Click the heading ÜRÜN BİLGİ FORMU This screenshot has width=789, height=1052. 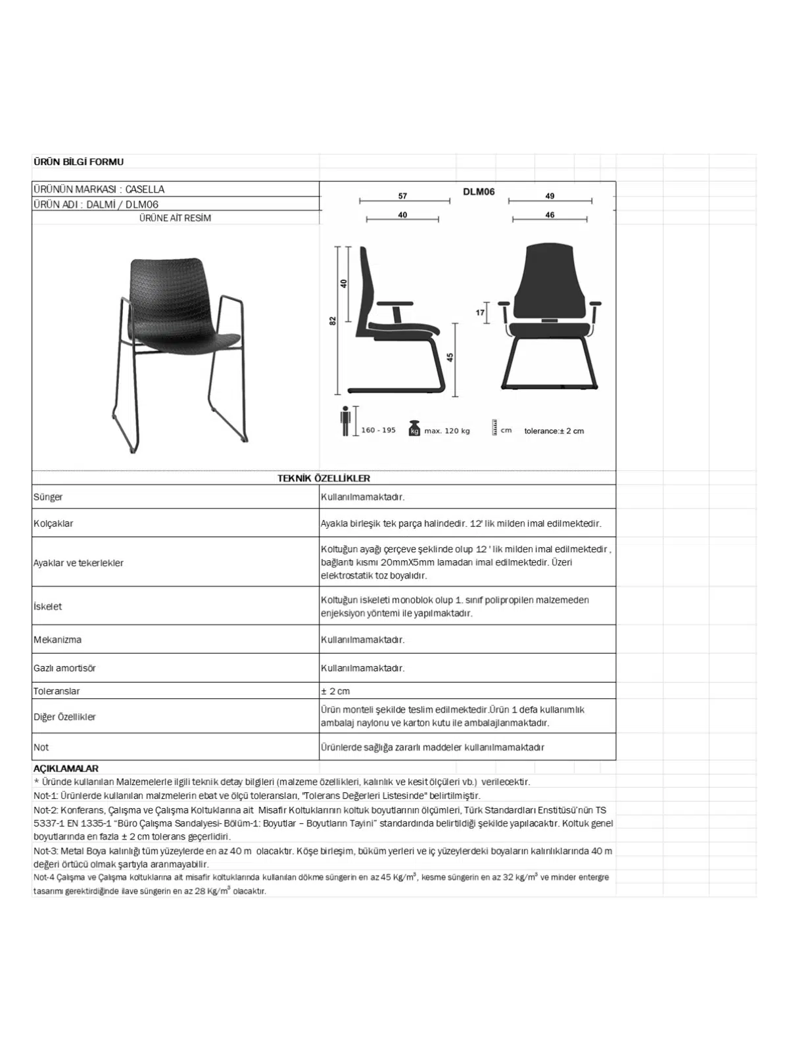(x=78, y=162)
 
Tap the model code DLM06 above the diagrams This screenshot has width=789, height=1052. (x=479, y=192)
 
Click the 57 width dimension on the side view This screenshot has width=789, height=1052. (x=402, y=196)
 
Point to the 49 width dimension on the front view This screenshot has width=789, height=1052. (x=550, y=196)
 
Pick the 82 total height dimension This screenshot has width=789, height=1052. (x=333, y=320)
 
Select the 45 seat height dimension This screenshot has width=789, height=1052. (x=450, y=357)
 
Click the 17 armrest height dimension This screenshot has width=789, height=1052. (x=480, y=313)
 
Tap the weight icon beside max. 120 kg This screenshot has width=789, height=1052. (x=414, y=428)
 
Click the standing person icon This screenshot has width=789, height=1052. (x=345, y=421)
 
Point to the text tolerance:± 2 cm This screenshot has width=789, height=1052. (x=554, y=431)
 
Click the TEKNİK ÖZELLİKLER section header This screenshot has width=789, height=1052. (x=323, y=479)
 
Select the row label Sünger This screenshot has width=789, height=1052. (x=48, y=497)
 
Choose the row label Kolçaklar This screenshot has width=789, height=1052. (x=53, y=524)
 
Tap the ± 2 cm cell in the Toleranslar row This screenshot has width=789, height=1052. (x=335, y=691)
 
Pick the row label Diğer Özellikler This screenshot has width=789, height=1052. (x=64, y=717)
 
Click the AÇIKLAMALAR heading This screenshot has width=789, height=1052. (x=66, y=769)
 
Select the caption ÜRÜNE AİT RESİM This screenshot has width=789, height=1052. (x=175, y=218)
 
